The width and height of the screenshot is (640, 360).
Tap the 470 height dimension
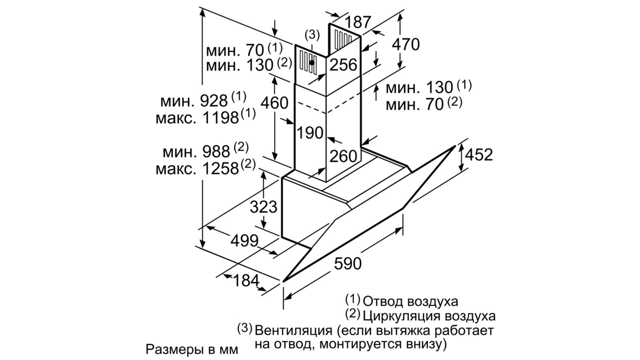click(406, 44)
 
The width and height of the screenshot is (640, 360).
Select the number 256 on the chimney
click(343, 64)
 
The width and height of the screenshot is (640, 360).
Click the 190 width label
click(310, 132)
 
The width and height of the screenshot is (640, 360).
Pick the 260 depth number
click(343, 156)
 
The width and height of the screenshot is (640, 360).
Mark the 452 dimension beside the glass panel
click(478, 154)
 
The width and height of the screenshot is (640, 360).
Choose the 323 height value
click(263, 207)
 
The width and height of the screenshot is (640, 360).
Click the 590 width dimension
click(348, 263)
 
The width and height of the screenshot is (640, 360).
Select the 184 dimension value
click(246, 280)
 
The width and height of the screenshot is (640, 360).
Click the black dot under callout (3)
click(312, 62)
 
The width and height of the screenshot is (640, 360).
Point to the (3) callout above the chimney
click(312, 35)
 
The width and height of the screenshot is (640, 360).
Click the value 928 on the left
click(214, 101)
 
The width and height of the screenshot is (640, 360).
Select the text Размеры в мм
click(192, 349)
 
